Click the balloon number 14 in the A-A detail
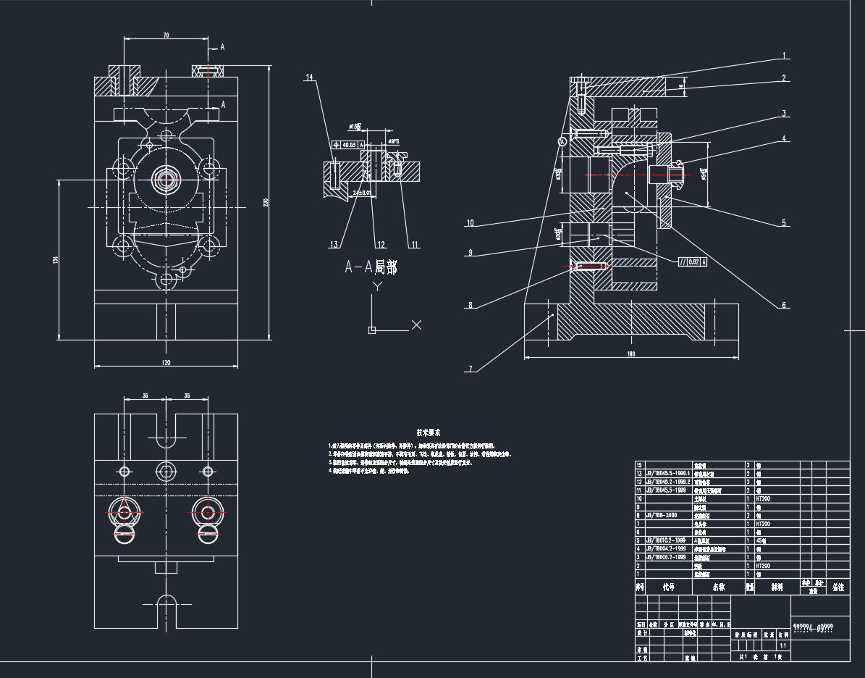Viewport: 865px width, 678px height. (x=309, y=78)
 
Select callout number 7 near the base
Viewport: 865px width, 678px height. (x=471, y=369)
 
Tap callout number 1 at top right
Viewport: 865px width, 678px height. (x=784, y=56)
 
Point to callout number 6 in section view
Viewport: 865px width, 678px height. (x=783, y=306)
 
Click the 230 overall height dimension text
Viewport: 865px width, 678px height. (x=266, y=201)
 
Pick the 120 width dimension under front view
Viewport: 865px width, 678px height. (x=166, y=362)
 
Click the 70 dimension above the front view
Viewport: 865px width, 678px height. (x=166, y=35)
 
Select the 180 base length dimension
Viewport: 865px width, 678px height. (x=630, y=354)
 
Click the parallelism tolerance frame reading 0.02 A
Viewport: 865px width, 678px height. (x=692, y=262)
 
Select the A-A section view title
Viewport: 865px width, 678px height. (x=371, y=267)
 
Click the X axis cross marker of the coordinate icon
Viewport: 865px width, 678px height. (x=416, y=325)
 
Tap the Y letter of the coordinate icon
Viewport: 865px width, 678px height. (x=376, y=287)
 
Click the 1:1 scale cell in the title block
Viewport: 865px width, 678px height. (x=782, y=645)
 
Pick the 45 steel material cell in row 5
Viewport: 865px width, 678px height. (x=761, y=540)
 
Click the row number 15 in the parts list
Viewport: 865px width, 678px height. (x=639, y=465)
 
